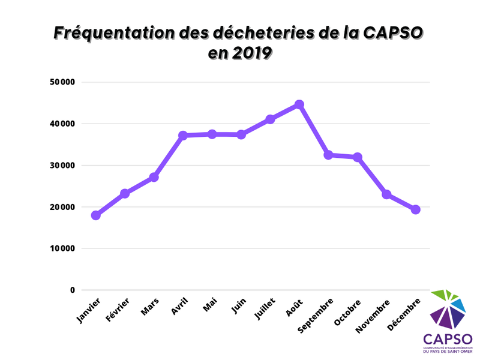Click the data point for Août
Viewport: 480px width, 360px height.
(x=299, y=104)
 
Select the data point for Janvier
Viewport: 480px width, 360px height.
(x=95, y=215)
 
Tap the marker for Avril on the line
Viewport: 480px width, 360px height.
(x=183, y=136)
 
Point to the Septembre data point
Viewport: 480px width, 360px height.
(x=328, y=155)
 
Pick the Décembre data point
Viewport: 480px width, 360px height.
(x=415, y=209)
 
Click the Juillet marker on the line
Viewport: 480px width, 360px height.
(x=270, y=119)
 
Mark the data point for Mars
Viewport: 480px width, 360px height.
(x=154, y=177)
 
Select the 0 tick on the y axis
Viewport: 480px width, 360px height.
(x=73, y=290)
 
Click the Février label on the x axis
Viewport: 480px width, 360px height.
(x=118, y=310)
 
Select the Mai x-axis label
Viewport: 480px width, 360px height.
(x=209, y=305)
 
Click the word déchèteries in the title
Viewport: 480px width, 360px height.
(x=258, y=33)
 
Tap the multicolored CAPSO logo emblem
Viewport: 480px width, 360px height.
(x=448, y=309)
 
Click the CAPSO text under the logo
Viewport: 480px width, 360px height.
(x=448, y=339)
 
